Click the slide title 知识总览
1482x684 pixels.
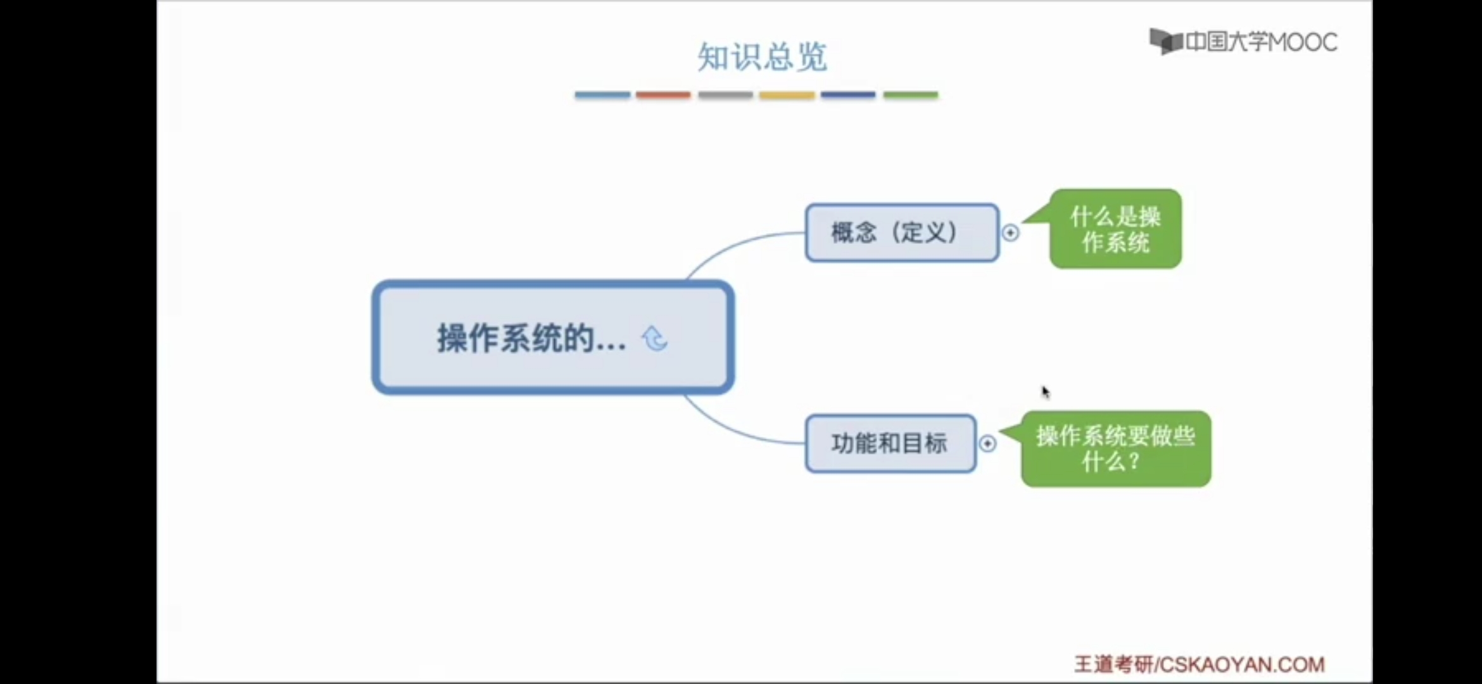762,57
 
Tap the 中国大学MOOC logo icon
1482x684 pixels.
1165,42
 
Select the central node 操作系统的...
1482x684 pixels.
552,338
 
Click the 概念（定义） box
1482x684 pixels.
901,232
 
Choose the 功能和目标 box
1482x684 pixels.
890,443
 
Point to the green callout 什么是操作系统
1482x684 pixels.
1115,229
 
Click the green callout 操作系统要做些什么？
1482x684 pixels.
1115,449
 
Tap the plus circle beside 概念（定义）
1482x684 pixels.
1011,233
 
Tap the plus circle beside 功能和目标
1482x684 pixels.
987,443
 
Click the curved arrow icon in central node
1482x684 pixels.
655,338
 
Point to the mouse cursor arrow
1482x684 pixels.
1045,392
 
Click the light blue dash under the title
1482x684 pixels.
602,95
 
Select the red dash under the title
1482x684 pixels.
663,95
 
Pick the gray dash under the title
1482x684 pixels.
725,95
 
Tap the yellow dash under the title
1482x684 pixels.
787,95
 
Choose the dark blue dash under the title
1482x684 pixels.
848,95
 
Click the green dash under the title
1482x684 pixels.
910,95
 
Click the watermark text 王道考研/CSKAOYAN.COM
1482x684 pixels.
1199,664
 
